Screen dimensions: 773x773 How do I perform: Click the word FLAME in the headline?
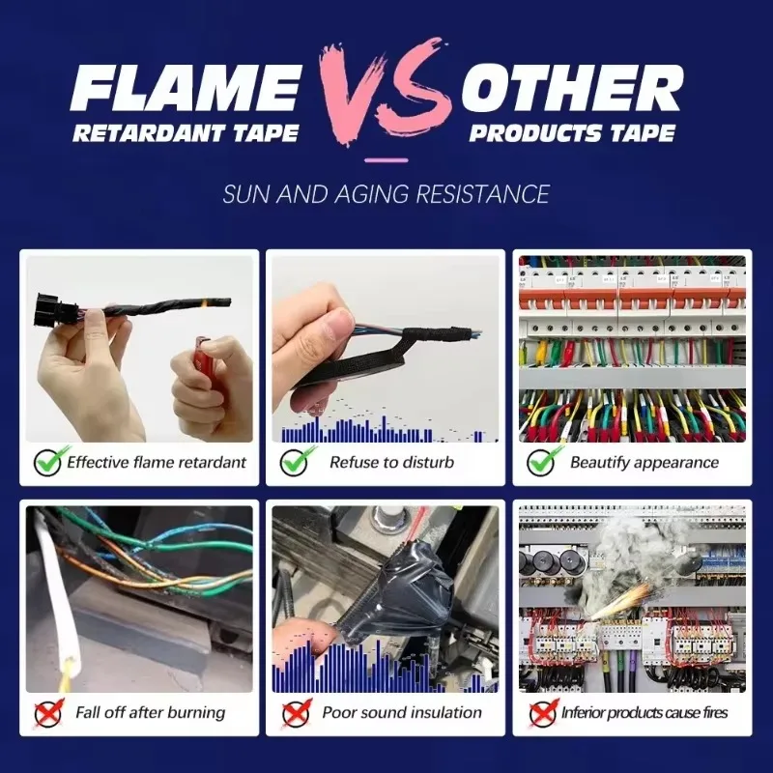point(186,89)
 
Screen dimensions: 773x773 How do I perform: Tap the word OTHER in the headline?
point(572,88)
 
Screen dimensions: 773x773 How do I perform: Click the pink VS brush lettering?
point(386,91)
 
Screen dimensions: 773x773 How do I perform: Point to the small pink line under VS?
point(386,160)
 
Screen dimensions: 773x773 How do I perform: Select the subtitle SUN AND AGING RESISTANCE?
point(386,194)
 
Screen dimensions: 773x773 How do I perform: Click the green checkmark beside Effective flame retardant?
point(50,461)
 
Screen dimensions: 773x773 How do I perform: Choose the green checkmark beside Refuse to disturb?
point(297,461)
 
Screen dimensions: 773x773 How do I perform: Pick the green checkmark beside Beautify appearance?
point(543,461)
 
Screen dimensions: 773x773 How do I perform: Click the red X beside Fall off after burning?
point(49,713)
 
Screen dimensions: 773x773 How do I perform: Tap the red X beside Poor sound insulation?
point(297,713)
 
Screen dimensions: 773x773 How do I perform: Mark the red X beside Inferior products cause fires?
point(543,713)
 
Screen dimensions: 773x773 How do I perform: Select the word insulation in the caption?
point(445,712)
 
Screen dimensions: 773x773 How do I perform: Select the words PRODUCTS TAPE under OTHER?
point(572,133)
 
